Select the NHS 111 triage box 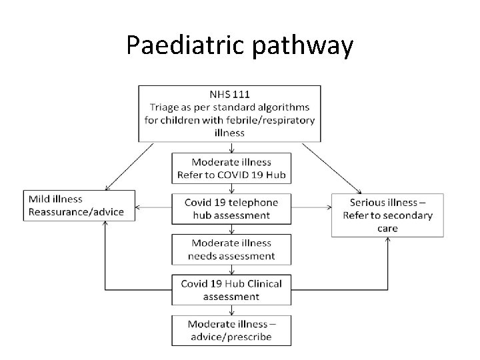[229, 113]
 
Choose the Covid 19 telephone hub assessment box [231, 209]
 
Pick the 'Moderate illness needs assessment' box [231, 249]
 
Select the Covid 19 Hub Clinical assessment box [231, 290]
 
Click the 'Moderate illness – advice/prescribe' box [231, 329]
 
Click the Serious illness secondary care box [387, 215]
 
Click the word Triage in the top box [166, 107]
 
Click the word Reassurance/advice [76, 212]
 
